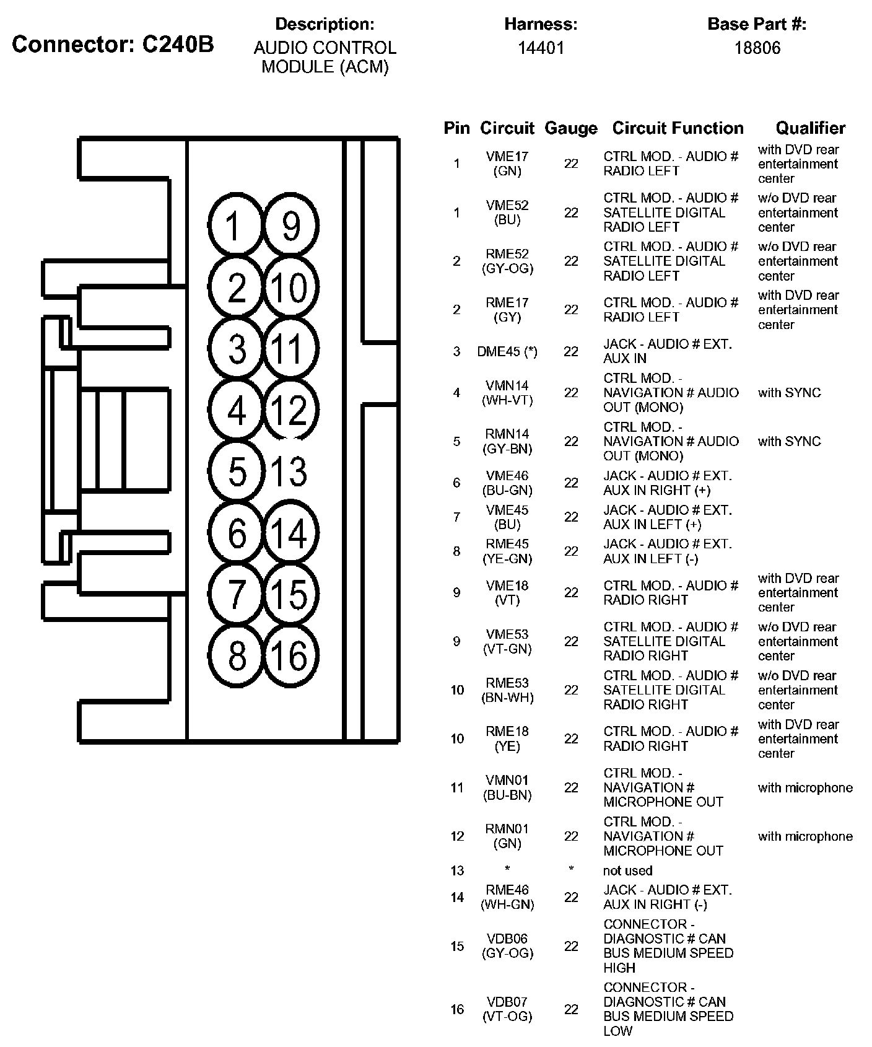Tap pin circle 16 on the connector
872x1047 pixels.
coord(290,655)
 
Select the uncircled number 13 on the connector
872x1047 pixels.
coord(289,471)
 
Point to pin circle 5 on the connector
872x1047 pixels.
coord(237,471)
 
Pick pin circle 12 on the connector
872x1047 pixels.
coord(290,410)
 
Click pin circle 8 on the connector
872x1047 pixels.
coord(237,655)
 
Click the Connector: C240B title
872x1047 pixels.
coord(113,44)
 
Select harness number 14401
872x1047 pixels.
coord(541,48)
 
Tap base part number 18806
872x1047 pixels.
coord(757,48)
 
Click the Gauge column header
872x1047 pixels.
coord(570,128)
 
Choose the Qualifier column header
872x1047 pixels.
coord(810,128)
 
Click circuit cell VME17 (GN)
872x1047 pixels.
coord(507,164)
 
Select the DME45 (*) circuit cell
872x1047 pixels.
coord(507,351)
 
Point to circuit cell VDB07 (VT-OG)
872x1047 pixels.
coord(507,1009)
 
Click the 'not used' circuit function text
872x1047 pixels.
coord(627,870)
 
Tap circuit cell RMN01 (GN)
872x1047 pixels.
coord(507,836)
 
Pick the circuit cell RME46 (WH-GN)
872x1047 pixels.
coord(507,897)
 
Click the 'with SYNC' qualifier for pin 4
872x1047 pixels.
coord(789,393)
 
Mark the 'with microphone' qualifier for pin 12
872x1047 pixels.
coord(805,836)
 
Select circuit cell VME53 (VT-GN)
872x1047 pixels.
coord(507,641)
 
